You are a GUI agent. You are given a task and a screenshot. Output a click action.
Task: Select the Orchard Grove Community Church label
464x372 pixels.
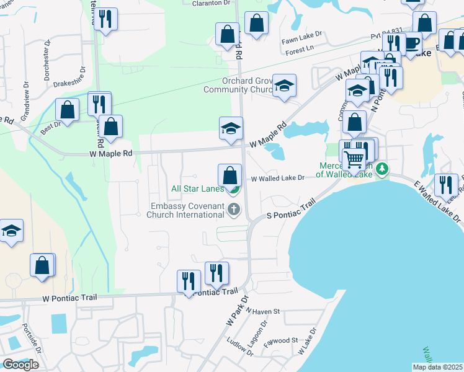pos(238,85)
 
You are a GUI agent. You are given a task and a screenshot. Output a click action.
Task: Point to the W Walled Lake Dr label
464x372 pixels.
pos(277,179)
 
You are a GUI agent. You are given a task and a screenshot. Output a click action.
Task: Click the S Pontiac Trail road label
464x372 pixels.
pos(292,209)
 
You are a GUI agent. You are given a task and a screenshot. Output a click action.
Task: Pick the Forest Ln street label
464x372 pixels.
pos(300,50)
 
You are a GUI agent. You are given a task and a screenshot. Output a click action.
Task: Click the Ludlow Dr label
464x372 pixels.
pos(236,342)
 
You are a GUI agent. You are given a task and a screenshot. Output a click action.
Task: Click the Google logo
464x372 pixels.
pos(20,365)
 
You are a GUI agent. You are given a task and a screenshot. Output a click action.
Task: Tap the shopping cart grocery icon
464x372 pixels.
pos(354,159)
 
